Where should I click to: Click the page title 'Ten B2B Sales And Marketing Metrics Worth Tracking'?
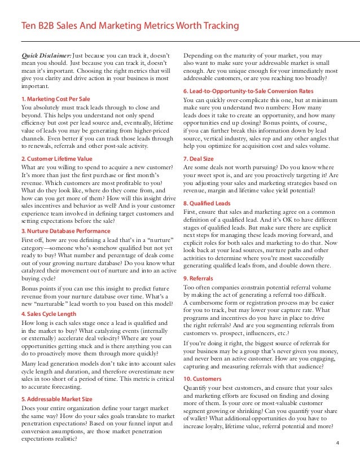coord(130,26)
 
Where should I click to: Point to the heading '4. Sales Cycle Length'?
coord(49,313)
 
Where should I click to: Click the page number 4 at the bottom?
coord(337,442)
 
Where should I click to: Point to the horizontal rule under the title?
coord(180,42)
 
